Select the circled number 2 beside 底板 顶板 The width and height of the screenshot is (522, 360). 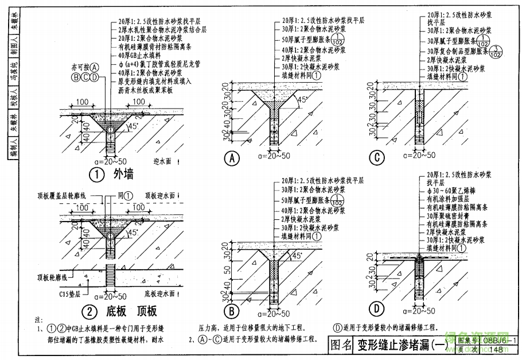click(x=90, y=311)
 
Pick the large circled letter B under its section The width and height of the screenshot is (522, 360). click(x=231, y=311)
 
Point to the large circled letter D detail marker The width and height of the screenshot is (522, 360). click(x=376, y=309)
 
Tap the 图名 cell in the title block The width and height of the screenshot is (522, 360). click(x=341, y=344)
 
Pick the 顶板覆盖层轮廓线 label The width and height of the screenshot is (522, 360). click(x=61, y=195)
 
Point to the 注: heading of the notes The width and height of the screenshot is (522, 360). click(x=38, y=319)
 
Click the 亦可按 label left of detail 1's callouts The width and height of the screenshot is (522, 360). click(x=81, y=67)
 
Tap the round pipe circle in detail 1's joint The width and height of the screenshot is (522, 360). click(x=109, y=130)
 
